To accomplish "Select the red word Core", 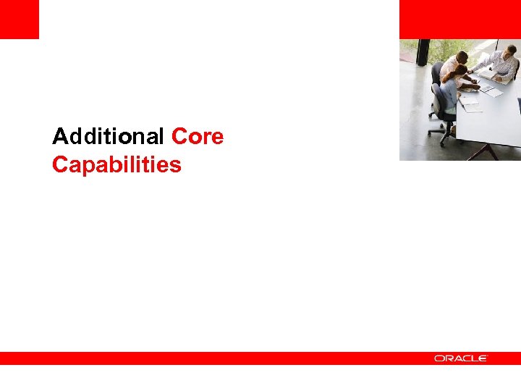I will click(198, 136).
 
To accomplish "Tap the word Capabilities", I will click(117, 165).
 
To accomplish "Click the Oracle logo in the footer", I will click(461, 358).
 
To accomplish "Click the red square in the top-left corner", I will click(19, 19).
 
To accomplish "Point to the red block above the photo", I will click(459, 19).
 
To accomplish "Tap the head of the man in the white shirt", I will click(461, 56).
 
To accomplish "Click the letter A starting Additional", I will click(59, 136).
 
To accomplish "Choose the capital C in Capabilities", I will click(59, 165).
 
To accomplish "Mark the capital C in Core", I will click(179, 136).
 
